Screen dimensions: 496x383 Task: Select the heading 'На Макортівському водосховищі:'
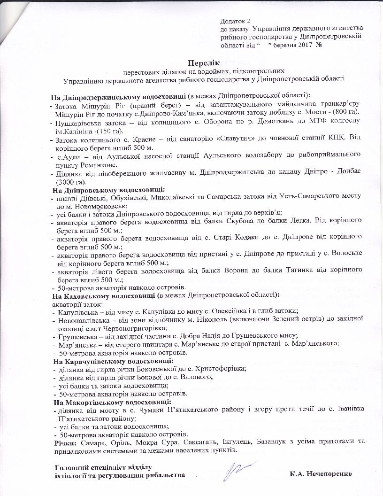click(x=112, y=402)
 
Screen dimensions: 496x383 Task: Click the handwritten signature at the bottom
click(x=235, y=469)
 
